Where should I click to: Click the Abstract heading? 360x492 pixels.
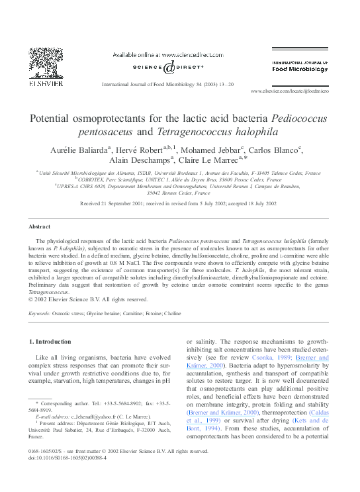pyautogui.click(x=40, y=226)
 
